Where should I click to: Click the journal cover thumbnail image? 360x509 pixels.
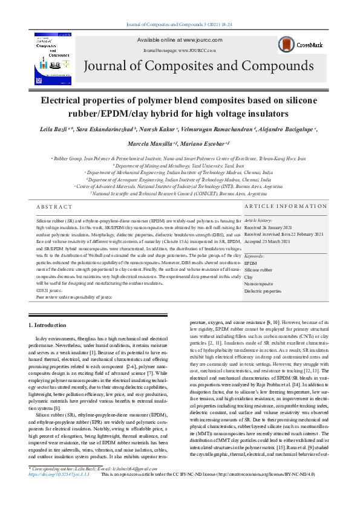pyautogui.click(x=53, y=59)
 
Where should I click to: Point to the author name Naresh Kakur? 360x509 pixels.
pyautogui.click(x=178, y=130)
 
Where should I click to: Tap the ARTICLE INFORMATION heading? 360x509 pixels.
pyautogui.click(x=286, y=207)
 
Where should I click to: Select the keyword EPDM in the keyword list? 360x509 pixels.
pyautogui.click(x=250, y=264)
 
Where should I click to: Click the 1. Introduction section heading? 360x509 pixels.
pyautogui.click(x=48, y=325)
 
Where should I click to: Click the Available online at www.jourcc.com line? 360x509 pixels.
pyautogui.click(x=180, y=40)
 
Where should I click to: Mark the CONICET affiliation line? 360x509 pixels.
pyautogui.click(x=179, y=194)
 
